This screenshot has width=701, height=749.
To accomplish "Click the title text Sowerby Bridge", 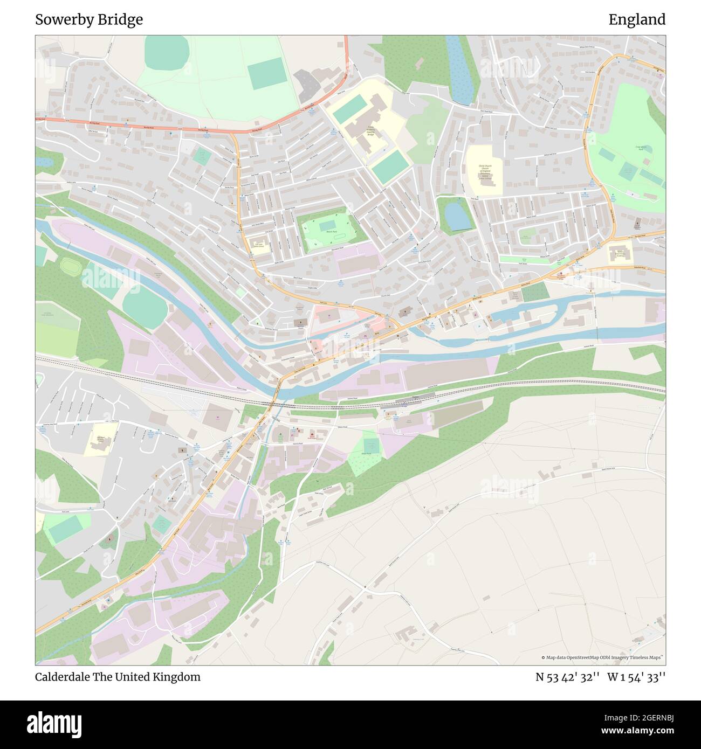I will [89, 20].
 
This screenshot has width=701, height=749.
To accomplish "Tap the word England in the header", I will [637, 20].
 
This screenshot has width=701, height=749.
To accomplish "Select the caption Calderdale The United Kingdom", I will [118, 677].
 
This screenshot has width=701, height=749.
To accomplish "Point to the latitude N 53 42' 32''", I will [568, 677].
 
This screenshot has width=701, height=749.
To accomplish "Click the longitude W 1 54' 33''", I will [636, 677].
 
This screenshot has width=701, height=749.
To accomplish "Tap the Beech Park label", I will [332, 232].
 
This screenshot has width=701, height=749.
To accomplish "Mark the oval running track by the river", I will [69, 266].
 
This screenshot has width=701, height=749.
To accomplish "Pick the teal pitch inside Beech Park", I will [327, 224].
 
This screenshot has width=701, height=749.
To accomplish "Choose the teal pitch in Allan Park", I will [371, 446].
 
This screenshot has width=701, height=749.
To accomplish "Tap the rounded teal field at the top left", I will [167, 51].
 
